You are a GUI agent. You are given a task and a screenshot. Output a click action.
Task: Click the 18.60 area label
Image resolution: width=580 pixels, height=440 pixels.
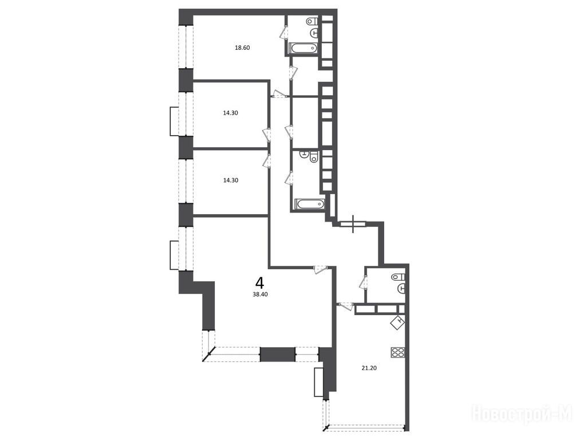[242, 48]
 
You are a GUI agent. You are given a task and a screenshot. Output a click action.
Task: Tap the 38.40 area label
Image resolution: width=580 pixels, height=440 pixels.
[260, 294]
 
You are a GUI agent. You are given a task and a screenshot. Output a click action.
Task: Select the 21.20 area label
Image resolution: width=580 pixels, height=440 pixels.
[369, 368]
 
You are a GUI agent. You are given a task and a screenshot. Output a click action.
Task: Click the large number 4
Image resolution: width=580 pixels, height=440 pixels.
[260, 284]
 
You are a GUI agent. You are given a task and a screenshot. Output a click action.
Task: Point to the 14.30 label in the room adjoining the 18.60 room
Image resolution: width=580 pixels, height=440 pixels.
[230, 113]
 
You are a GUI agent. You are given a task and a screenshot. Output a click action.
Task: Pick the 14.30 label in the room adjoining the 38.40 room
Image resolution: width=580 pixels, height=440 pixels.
[230, 180]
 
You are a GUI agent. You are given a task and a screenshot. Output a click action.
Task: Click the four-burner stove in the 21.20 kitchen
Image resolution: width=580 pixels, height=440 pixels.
[398, 352]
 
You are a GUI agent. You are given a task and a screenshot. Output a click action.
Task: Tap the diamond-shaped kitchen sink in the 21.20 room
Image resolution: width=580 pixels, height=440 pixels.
[398, 322]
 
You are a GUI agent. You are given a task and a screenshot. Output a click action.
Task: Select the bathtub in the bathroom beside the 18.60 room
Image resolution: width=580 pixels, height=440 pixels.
[303, 48]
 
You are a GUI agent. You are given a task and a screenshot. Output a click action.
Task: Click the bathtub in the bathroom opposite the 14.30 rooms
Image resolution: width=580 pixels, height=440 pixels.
[310, 204]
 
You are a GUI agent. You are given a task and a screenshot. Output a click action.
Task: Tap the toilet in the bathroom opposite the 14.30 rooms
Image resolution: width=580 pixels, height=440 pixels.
[314, 157]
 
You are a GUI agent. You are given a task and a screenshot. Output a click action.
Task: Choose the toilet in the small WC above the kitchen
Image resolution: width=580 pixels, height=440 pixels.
[398, 277]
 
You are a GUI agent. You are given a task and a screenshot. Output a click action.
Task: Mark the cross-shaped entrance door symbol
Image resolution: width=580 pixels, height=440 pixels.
[354, 224]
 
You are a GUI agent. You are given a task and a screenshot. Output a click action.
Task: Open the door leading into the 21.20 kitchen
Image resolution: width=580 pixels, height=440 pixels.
[346, 305]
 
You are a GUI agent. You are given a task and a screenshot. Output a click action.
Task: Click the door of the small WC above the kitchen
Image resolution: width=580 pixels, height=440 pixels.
[363, 282]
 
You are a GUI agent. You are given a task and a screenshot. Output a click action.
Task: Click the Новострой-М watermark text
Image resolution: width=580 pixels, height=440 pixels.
[523, 414]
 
